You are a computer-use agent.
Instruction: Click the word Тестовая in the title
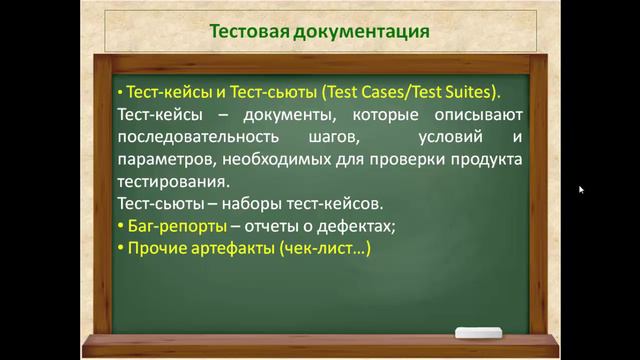pyautogui.click(x=249, y=31)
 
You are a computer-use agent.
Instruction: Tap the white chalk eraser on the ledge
pyautogui.click(x=483, y=333)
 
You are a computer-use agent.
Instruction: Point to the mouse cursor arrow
pyautogui.click(x=581, y=189)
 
